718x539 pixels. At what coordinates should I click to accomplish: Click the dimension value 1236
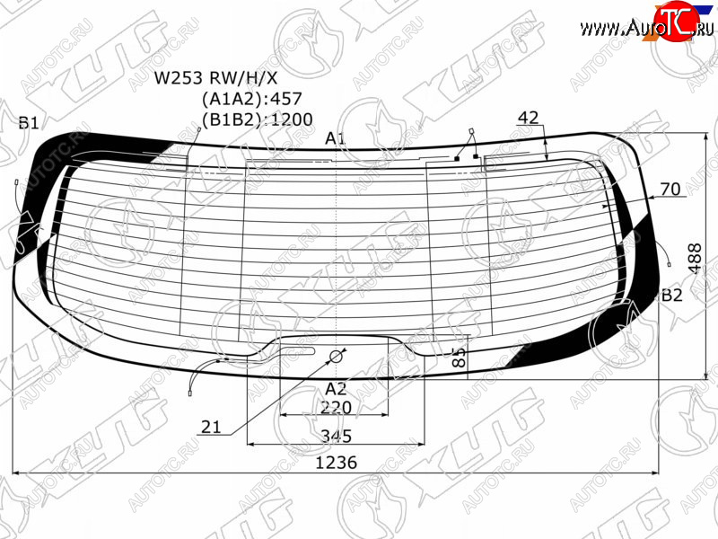[x=336, y=463]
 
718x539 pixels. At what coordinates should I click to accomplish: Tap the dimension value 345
[x=336, y=436]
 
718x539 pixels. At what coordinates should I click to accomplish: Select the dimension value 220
[x=336, y=408]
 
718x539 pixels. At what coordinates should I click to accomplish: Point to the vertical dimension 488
[x=695, y=259]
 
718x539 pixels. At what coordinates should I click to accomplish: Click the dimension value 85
[x=459, y=357]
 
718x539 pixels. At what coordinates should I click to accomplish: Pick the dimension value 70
[x=670, y=189]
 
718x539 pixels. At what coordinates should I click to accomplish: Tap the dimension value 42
[x=528, y=118]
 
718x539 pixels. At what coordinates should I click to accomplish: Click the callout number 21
[x=211, y=428]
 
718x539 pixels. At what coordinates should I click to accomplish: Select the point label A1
[x=335, y=138]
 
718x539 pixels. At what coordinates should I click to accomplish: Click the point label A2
[x=336, y=389]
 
